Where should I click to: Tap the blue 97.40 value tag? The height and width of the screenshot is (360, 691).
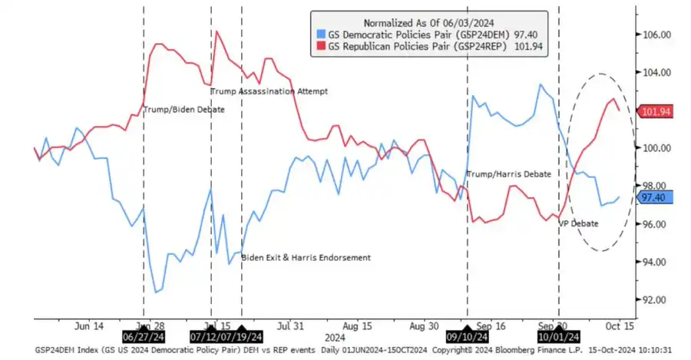click(654, 198)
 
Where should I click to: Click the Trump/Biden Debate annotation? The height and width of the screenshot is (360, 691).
click(184, 110)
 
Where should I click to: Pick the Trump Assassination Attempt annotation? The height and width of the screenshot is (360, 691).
click(269, 91)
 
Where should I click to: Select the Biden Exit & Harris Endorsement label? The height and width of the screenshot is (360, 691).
click(306, 257)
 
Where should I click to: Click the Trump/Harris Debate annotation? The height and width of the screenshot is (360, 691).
click(508, 174)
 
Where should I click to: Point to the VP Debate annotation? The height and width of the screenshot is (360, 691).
click(577, 223)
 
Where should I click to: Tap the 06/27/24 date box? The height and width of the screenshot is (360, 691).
click(144, 336)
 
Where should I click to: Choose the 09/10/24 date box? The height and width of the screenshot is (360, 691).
click(468, 336)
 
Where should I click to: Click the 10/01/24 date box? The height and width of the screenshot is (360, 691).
click(558, 336)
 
